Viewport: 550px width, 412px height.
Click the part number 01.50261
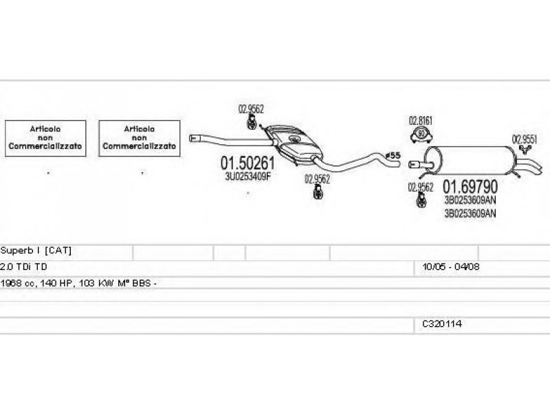pyautogui.click(x=247, y=164)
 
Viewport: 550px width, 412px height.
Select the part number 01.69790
pyautogui.click(x=470, y=187)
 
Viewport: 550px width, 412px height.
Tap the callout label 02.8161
pyautogui.click(x=421, y=122)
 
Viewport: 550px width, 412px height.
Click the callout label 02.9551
pyautogui.click(x=524, y=138)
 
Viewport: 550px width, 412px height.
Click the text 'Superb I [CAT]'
pyautogui.click(x=36, y=251)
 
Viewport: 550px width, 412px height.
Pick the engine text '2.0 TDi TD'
pyautogui.click(x=25, y=266)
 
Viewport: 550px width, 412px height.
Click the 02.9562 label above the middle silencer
pyautogui.click(x=251, y=108)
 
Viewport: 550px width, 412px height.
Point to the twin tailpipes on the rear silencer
pyautogui.click(x=530, y=165)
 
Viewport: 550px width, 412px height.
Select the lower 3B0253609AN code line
pyautogui.click(x=470, y=213)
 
